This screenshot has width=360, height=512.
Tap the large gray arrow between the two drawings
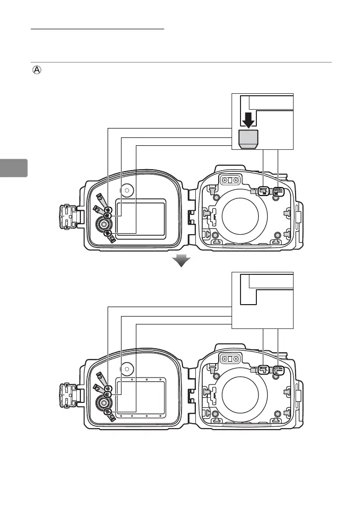(181, 261)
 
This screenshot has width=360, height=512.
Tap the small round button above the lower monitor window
(128, 368)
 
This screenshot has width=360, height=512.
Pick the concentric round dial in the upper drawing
(105, 224)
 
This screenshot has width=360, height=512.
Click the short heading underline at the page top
(97, 29)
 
